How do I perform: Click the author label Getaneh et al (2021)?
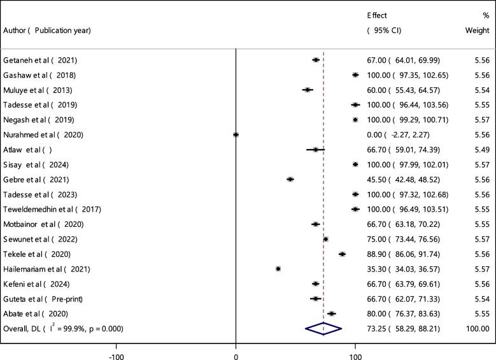tap(43, 60)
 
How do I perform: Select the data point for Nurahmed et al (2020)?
tap(236, 134)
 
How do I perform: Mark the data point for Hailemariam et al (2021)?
tap(278, 269)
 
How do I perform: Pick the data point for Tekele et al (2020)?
tap(342, 254)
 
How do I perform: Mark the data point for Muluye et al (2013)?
tap(308, 90)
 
